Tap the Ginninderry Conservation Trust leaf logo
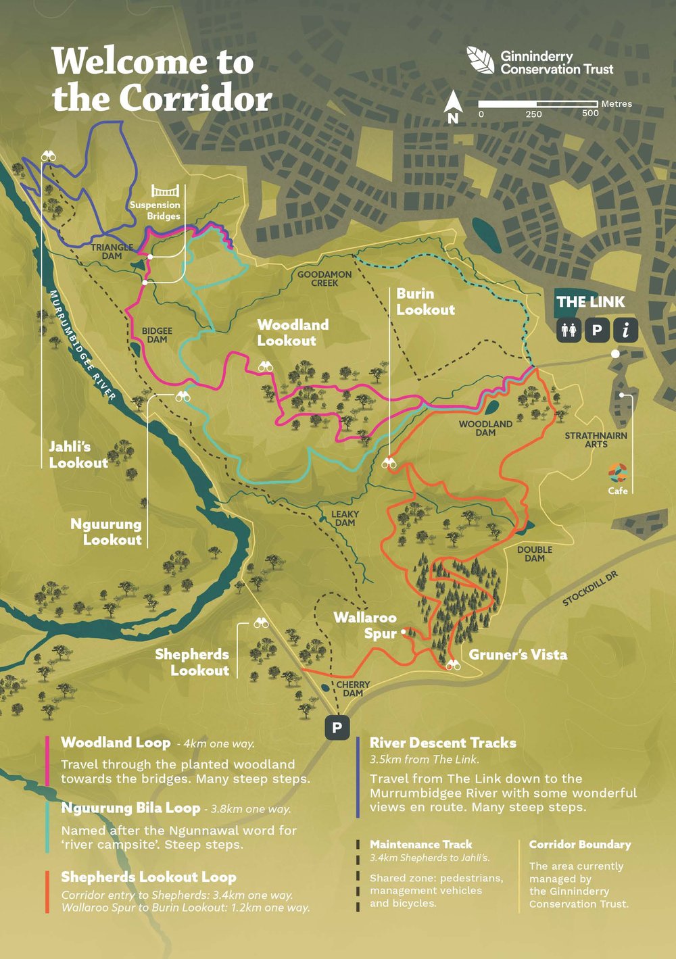click(481, 60)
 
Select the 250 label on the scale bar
click(533, 114)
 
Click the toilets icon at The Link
click(569, 330)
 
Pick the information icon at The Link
click(626, 330)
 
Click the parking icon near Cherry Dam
click(337, 728)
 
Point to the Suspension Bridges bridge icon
click(165, 190)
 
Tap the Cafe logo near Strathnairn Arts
click(617, 473)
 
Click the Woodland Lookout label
click(292, 333)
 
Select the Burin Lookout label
click(425, 301)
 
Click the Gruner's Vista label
click(518, 654)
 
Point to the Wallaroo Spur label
click(365, 625)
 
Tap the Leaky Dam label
click(345, 518)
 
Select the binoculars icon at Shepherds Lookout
click(261, 623)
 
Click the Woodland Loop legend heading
click(116, 742)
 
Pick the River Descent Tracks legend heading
click(443, 743)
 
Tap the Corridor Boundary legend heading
click(580, 844)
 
